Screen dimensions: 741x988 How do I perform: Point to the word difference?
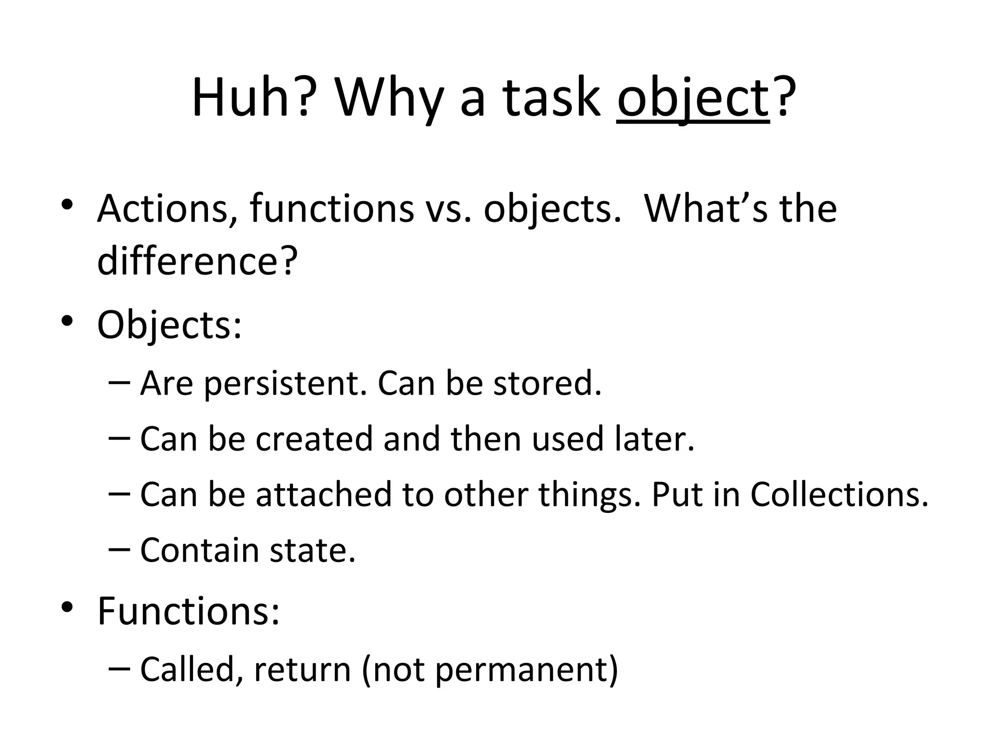(197, 261)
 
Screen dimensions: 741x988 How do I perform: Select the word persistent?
(285, 384)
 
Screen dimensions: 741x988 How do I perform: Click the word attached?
(324, 494)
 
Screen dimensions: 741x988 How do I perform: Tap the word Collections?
(839, 494)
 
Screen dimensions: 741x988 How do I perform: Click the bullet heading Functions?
(189, 611)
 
